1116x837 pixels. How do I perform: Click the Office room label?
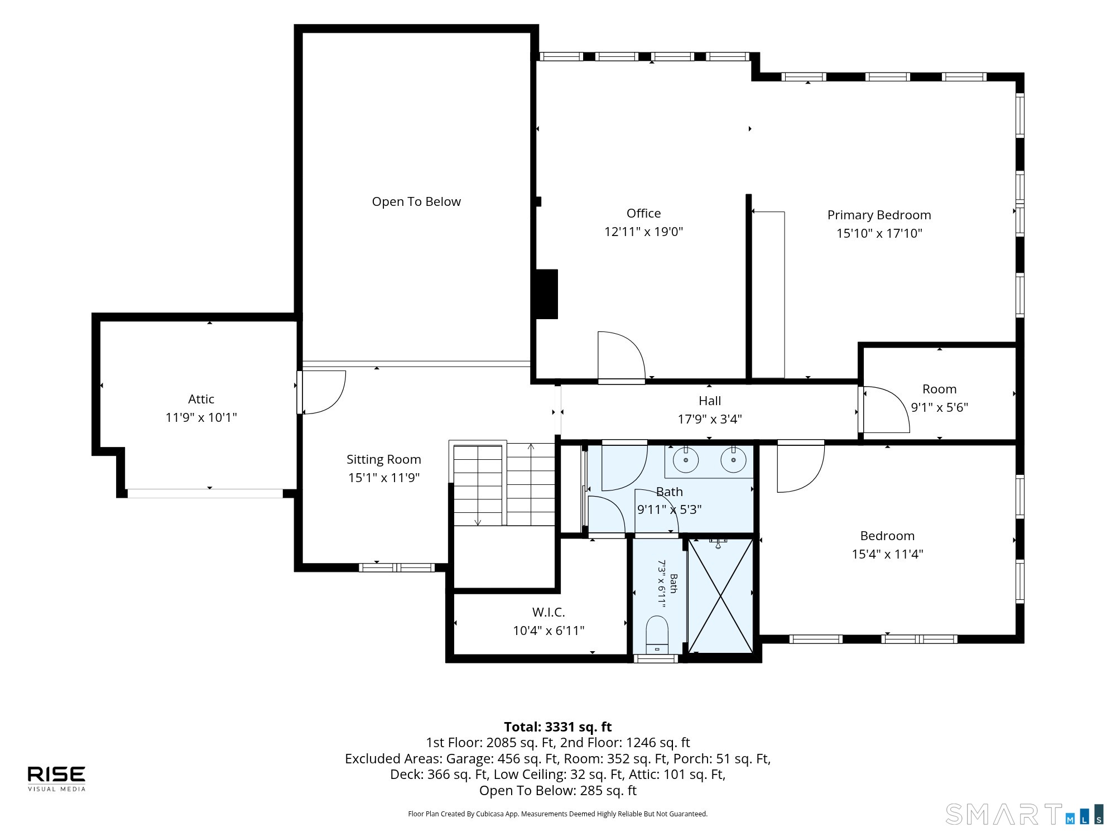643,213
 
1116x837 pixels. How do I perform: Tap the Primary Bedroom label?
879,215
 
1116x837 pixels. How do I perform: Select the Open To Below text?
416,201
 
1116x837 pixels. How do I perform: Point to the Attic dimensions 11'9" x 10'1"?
201,417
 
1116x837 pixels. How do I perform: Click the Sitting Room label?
383,459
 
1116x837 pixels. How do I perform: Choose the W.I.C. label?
549,612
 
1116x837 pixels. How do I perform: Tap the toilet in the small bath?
656,635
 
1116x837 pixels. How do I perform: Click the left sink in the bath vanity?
686,460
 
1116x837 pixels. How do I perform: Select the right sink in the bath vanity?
733,460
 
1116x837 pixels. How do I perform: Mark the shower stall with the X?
721,595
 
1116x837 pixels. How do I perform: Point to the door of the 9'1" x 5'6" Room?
884,410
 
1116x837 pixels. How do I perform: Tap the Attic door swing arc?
321,392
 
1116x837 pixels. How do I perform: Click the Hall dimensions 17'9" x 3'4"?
710,419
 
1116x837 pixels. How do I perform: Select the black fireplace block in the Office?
547,294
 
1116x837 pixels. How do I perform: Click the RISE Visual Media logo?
57,778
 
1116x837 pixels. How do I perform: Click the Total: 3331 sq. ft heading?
558,727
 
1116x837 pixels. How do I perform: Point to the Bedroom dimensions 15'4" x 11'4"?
887,554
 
